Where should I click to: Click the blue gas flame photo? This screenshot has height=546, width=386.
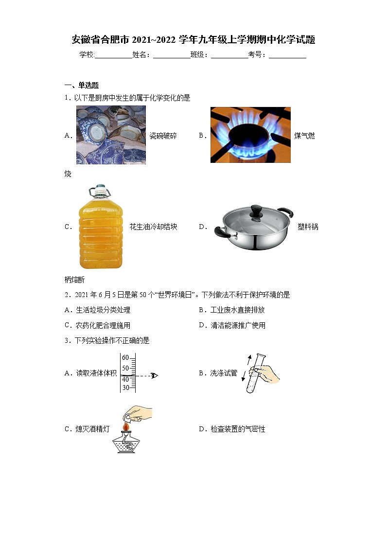click(250, 135)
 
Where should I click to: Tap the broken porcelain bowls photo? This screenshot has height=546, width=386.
click(111, 135)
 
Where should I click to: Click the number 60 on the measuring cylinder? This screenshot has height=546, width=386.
click(125, 358)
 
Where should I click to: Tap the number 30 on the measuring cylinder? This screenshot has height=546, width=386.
click(125, 387)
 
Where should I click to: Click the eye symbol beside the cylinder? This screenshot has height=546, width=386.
click(154, 375)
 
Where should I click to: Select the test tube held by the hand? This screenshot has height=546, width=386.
click(253, 373)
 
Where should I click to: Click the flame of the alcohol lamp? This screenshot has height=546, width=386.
click(126, 427)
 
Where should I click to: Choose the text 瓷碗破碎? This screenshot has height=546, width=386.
click(163, 136)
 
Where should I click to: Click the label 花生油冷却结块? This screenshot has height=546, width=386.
click(153, 227)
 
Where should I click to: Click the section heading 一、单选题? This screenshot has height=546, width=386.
click(82, 85)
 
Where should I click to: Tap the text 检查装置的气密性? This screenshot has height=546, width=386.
click(238, 429)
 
